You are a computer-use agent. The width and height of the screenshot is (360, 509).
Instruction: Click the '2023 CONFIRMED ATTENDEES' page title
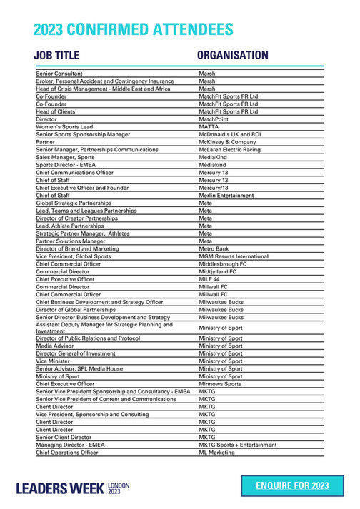coord(134,29)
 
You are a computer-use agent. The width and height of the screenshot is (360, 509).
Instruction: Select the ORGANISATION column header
coord(232,56)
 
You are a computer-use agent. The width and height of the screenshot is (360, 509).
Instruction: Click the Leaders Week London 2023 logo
coord(74,488)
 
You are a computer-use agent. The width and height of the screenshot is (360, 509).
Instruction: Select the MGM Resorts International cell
coord(234,256)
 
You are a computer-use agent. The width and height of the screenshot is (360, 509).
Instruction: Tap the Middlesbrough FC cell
coord(223,263)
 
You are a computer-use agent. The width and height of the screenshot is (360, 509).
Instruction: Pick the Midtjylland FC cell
coord(218,271)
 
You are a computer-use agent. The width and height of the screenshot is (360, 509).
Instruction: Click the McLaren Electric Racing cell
coord(229,149)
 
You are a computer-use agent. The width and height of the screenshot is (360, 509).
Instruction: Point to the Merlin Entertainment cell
coord(226,195)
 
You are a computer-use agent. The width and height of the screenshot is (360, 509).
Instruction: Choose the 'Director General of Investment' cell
coord(76,353)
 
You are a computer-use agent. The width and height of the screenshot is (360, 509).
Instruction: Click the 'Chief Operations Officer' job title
coord(67,453)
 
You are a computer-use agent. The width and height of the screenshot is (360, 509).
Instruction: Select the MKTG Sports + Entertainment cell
coord(238,445)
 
